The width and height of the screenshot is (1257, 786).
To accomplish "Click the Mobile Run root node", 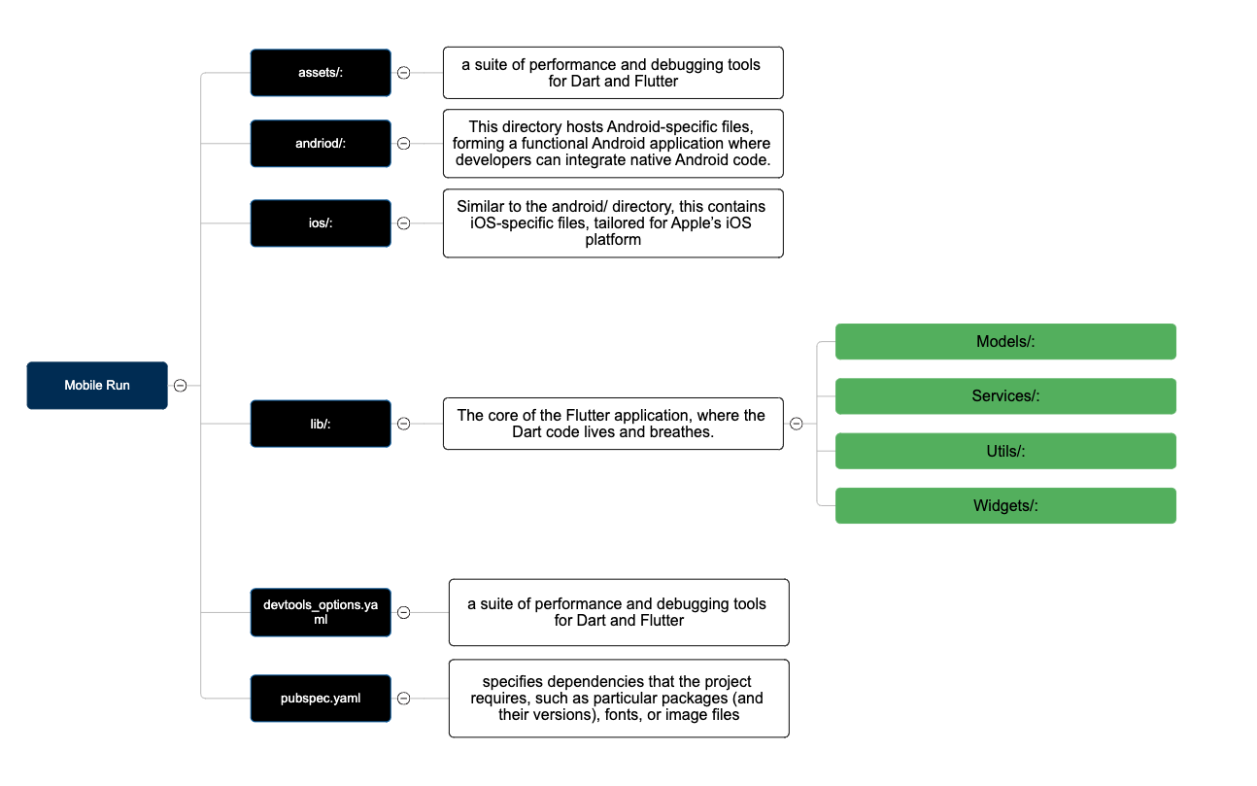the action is point(97,385).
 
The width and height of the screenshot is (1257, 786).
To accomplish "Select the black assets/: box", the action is point(321,73).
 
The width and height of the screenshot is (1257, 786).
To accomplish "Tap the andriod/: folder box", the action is point(321,143).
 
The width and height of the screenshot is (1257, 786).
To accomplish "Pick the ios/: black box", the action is point(321,222).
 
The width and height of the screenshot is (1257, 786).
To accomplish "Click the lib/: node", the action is point(321,424).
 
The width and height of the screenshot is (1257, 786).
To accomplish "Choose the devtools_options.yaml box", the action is point(321,612).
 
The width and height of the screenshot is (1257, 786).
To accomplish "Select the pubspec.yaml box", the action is point(321,698).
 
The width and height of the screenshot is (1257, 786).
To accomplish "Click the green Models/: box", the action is point(1005,341).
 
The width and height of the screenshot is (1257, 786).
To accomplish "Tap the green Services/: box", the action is point(1005,395).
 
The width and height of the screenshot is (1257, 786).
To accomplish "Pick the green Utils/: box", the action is point(1005,451).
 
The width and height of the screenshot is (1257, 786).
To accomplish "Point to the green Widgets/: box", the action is point(1005,505).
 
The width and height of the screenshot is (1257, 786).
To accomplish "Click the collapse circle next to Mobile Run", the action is point(180,385).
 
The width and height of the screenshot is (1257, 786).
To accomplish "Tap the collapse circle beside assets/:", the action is point(403,73).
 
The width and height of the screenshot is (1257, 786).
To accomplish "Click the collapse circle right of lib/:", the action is point(403,424).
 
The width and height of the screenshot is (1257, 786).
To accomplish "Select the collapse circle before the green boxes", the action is point(796,424).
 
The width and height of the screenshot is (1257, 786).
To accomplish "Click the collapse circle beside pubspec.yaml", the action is point(403,698).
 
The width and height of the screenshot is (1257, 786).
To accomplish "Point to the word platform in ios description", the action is point(613,240).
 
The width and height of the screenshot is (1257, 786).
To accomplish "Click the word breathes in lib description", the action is point(681,431).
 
